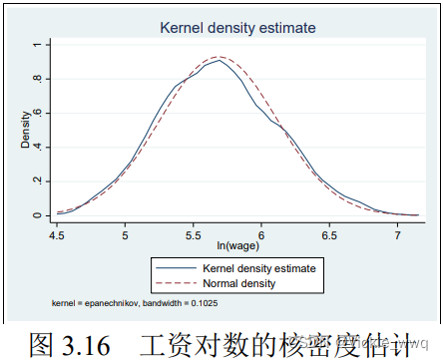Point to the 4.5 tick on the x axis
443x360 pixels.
(x=59, y=238)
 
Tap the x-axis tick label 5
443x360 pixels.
(x=126, y=238)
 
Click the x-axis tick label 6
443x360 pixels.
(x=260, y=238)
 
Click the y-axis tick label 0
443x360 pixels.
(x=36, y=215)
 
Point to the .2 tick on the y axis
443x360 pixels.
(x=36, y=180)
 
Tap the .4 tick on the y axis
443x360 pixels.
(x=36, y=147)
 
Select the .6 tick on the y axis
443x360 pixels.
(x=36, y=113)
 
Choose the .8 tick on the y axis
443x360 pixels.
(x=36, y=79)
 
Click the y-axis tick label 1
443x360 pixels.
(x=36, y=45)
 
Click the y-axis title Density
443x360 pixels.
(x=23, y=130)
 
